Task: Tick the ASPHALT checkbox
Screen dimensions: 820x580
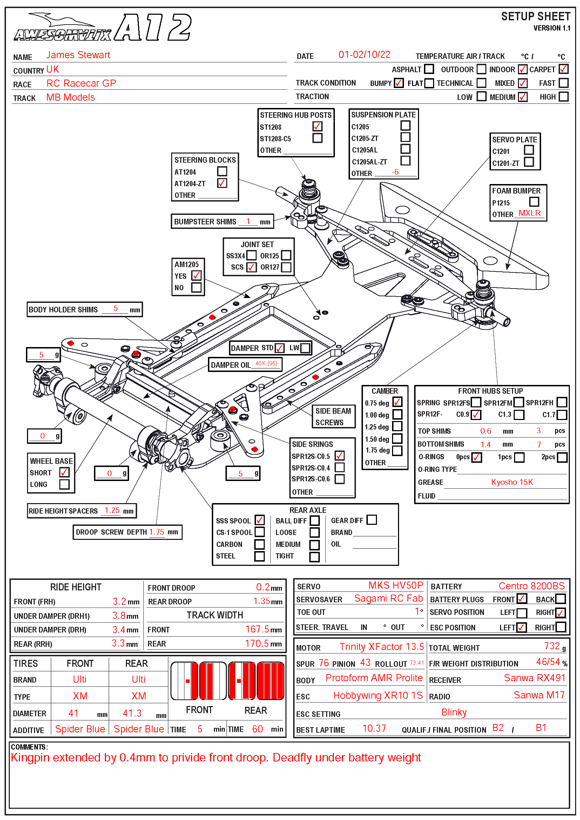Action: click(x=429, y=69)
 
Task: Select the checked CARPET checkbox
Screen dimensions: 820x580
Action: click(x=564, y=69)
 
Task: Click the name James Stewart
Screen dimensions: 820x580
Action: click(x=78, y=55)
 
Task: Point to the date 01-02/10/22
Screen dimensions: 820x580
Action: click(x=364, y=55)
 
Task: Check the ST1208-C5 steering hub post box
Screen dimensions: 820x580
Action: click(x=317, y=138)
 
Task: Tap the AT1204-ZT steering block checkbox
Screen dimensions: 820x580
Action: click(x=222, y=183)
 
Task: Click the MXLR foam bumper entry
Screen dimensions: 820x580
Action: click(x=529, y=213)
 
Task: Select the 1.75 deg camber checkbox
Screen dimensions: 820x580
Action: click(x=397, y=450)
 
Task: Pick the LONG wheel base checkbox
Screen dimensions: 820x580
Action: click(x=64, y=484)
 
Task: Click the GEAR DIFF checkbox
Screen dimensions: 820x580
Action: click(x=371, y=520)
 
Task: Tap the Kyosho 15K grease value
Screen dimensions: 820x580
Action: click(x=512, y=482)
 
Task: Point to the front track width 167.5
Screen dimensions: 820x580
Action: click(x=257, y=629)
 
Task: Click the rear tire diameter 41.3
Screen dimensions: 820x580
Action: click(x=132, y=713)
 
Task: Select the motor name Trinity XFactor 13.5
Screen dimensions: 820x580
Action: click(x=381, y=647)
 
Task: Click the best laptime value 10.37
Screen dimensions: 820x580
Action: click(x=374, y=728)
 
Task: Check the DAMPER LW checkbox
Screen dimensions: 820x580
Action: click(x=305, y=348)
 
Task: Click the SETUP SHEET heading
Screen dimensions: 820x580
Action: click(x=535, y=16)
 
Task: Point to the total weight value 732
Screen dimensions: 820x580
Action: click(x=552, y=646)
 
